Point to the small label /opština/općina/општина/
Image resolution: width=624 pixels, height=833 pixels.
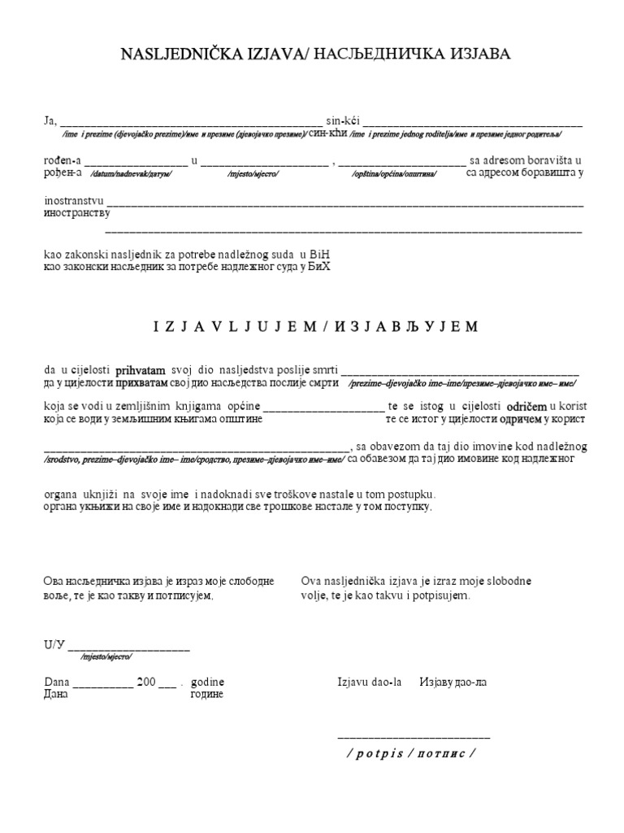[394, 175]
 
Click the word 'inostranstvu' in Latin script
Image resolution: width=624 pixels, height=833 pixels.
[74, 200]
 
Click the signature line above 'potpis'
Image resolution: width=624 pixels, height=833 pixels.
[414, 735]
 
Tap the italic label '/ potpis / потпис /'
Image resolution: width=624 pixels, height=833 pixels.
[410, 752]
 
